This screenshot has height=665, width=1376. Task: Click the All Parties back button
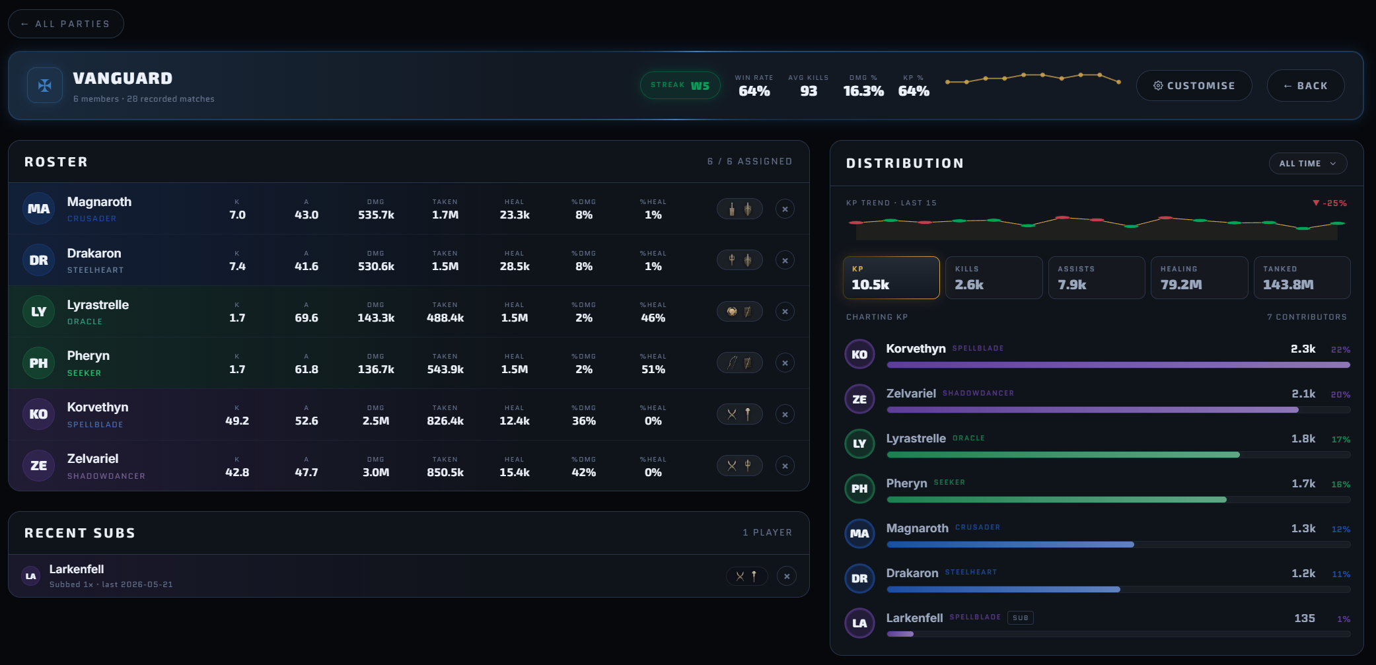pos(65,24)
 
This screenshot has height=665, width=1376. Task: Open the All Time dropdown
pos(1307,164)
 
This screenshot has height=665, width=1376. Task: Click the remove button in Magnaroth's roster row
pos(785,209)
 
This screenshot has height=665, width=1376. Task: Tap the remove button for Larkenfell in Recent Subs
pos(787,576)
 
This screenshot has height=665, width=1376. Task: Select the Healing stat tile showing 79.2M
pos(1199,277)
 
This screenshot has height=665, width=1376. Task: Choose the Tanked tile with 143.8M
pos(1302,277)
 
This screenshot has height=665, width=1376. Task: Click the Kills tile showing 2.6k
pos(994,277)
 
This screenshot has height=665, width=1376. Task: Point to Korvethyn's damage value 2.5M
pos(376,421)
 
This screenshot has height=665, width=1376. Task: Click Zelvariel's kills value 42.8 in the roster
pos(237,472)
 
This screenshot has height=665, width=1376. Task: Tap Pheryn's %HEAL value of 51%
pos(653,369)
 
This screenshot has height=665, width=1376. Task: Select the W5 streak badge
pos(680,85)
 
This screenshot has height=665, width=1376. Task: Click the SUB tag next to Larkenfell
pos(1021,618)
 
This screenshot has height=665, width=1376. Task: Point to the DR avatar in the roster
pos(38,260)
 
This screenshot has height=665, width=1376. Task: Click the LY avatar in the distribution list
pos(859,444)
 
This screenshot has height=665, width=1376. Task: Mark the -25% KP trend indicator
pos(1329,203)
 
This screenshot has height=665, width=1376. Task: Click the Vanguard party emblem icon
pos(45,85)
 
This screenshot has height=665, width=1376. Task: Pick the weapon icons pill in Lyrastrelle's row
pos(740,312)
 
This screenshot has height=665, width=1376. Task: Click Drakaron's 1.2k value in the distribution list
pos(1303,573)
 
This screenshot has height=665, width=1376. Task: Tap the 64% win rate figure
pos(754,91)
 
